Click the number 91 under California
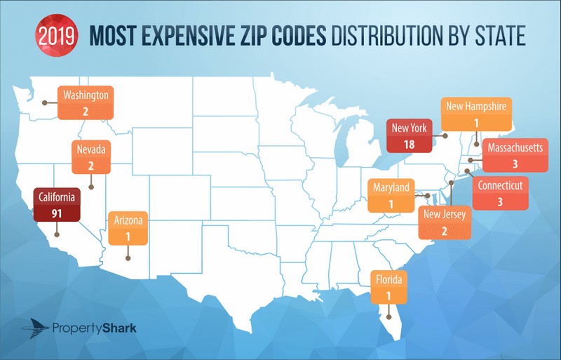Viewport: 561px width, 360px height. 57,213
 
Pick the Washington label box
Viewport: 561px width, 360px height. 85,102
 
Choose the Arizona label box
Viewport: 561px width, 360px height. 128,228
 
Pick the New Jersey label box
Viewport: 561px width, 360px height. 442,223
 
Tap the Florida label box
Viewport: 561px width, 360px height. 388,288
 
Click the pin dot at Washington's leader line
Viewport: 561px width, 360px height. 45,102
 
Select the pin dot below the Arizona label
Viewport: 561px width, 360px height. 128,258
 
